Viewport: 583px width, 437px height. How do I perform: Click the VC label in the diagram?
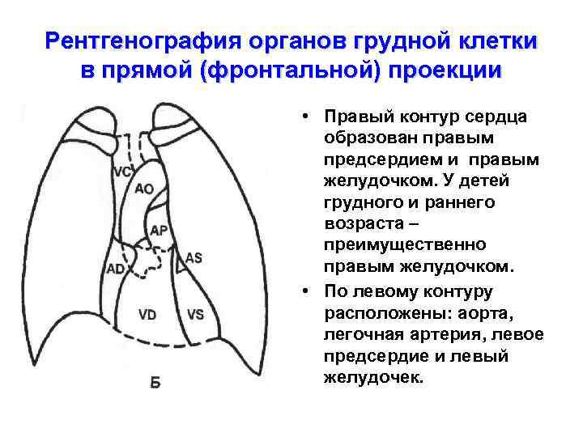click(122, 172)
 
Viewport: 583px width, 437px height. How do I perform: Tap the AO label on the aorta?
click(144, 189)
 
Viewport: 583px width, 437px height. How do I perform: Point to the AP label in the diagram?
click(160, 231)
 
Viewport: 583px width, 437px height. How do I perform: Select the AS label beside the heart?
click(194, 257)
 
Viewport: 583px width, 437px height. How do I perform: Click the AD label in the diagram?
click(117, 268)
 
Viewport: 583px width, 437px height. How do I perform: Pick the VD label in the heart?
click(147, 314)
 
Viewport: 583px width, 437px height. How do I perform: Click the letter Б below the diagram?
click(155, 382)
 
